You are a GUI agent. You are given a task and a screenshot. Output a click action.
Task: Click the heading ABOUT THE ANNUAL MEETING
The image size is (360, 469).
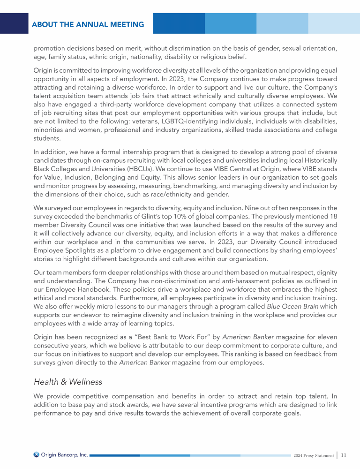pos(88,24)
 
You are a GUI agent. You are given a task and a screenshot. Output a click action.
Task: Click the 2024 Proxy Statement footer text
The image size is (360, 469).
pos(313,455)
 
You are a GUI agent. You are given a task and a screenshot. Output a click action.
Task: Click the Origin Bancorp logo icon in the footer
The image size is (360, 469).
pos(37,454)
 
